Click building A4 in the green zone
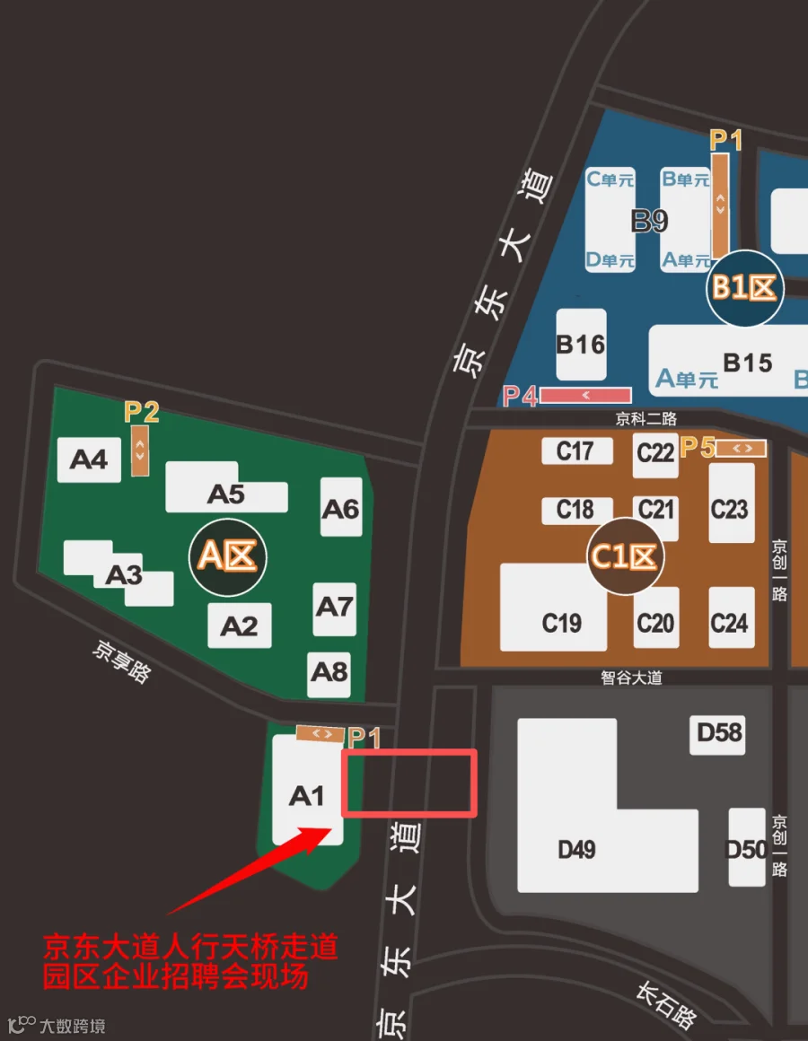89,459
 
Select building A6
341,508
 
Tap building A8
329,670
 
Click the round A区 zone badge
227,556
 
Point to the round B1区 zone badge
744,287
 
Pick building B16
581,345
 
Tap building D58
720,733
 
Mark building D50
746,848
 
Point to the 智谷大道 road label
632,678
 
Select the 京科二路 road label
646,418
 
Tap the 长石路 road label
665,1004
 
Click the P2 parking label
141,412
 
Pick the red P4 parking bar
585,395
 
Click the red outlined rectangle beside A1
409,783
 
